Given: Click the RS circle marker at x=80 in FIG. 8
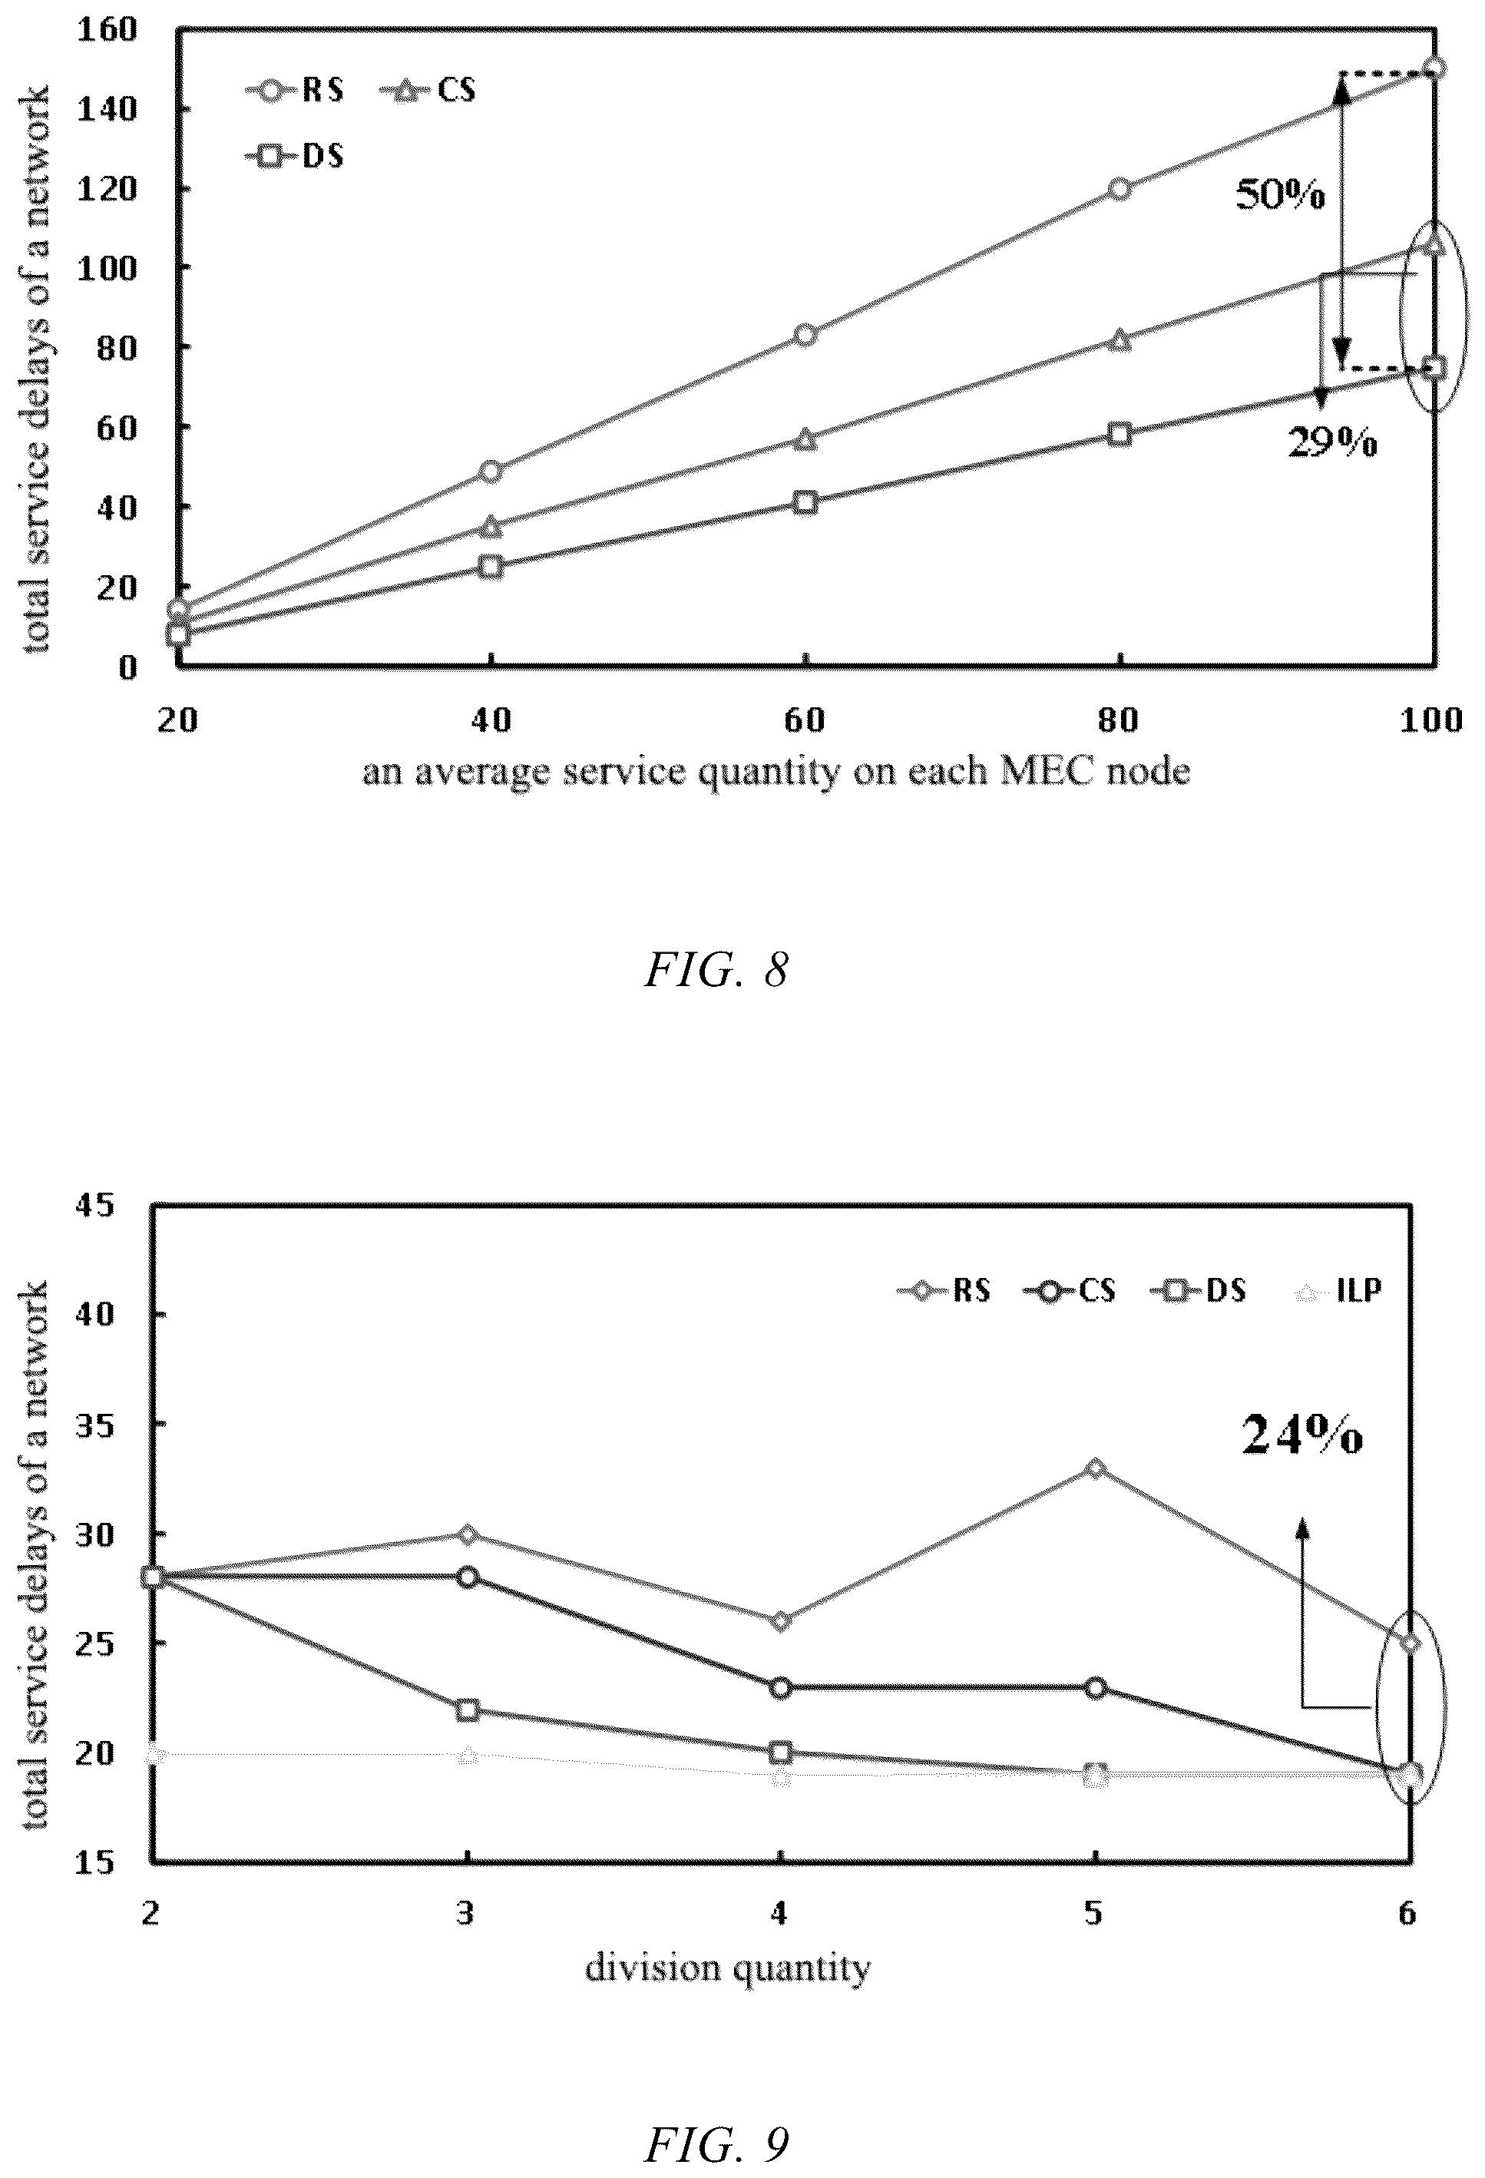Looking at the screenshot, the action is point(1119,188).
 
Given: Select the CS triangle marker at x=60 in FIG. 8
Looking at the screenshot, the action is point(805,438).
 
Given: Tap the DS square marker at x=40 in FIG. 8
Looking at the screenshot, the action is point(491,566).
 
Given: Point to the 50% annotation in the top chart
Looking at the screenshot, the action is point(1280,195).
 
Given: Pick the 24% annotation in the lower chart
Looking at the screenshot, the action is point(1302,1433).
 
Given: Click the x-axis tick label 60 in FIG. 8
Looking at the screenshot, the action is point(804,719).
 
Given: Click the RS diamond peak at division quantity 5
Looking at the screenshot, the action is point(1094,1468).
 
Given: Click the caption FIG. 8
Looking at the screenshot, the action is point(716,970).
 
